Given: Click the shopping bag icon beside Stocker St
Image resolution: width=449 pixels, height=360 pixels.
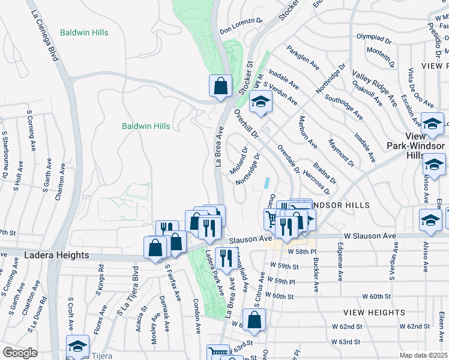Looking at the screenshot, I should pos(220,86).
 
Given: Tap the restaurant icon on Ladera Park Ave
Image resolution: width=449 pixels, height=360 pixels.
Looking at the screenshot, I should pos(225,259).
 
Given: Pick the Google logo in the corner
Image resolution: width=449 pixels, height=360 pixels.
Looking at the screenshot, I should pos(20,353).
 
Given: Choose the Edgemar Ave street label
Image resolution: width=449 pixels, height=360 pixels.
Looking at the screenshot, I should pos(339,266).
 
